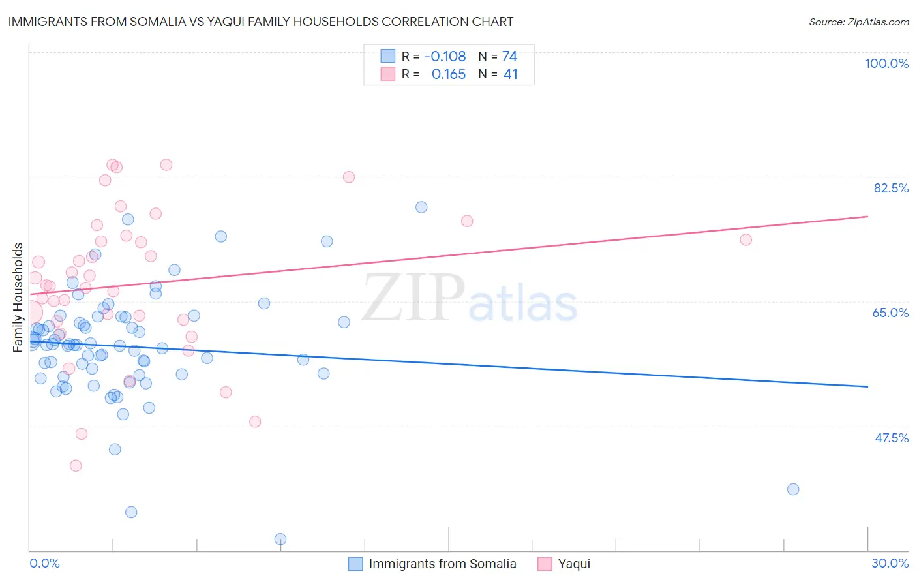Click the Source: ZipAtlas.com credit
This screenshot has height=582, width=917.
(858, 22)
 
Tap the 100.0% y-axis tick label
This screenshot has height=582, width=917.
(886, 63)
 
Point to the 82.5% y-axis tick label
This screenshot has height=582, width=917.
(891, 188)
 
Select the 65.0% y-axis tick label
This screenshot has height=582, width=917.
(890, 313)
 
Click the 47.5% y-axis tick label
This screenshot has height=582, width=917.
(891, 438)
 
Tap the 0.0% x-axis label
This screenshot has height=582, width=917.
(44, 563)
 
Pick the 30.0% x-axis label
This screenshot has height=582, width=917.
(890, 563)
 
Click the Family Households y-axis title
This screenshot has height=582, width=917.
(18, 298)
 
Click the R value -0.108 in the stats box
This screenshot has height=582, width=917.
(445, 57)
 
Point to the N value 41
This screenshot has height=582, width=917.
(510, 74)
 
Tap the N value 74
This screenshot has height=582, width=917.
(509, 57)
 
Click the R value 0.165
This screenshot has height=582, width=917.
(449, 74)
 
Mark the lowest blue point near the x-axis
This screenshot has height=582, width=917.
(280, 539)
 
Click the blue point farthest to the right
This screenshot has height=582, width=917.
(793, 489)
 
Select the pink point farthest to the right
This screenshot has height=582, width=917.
(746, 239)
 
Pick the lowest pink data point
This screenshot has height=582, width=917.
(76, 466)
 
